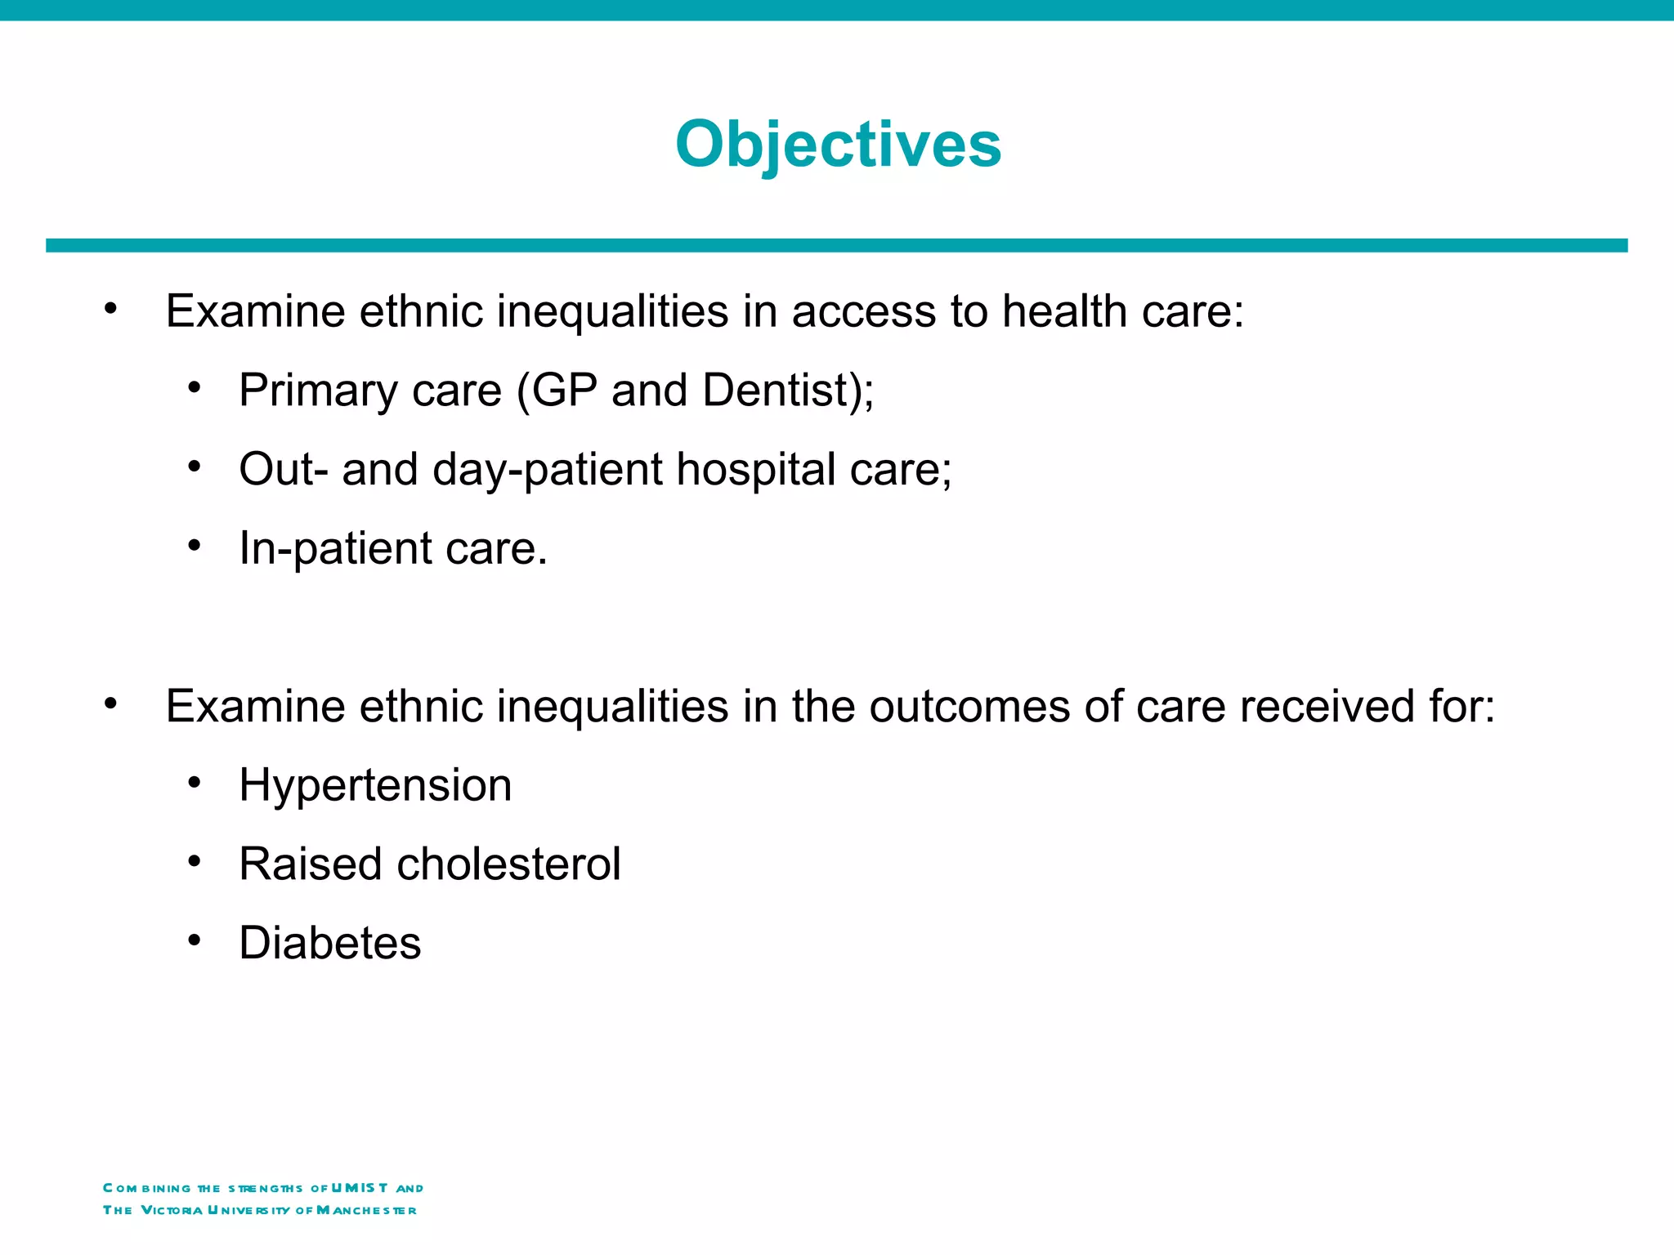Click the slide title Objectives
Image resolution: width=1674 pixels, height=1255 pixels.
pyautogui.click(x=838, y=145)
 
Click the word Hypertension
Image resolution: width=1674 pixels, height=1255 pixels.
pyautogui.click(x=375, y=785)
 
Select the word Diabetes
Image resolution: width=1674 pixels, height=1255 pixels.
pyautogui.click(x=329, y=943)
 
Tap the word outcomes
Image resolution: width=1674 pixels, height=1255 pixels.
pyautogui.click(x=969, y=706)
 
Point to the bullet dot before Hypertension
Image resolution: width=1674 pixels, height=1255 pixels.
pyautogui.click(x=194, y=783)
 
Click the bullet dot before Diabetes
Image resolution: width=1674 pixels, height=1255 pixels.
pyautogui.click(x=194, y=941)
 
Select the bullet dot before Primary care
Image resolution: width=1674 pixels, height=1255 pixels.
pyautogui.click(x=194, y=387)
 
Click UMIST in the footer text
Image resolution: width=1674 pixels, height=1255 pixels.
pyautogui.click(x=360, y=1187)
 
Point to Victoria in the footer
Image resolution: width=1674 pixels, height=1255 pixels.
pyautogui.click(x=172, y=1210)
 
